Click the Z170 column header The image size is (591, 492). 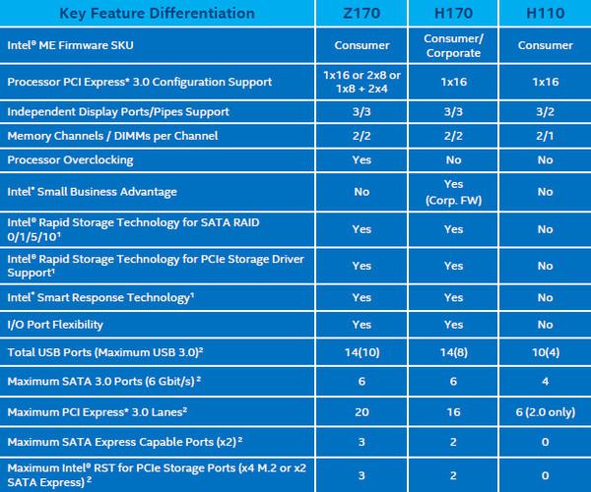[361, 14]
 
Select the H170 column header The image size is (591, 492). [453, 14]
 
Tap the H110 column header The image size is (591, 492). [545, 14]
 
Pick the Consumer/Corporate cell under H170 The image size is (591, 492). [453, 45]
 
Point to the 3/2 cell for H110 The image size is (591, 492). [545, 111]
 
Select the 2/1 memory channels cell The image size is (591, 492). [545, 135]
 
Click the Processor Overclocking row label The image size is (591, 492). [70, 159]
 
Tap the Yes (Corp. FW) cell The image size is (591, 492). [453, 192]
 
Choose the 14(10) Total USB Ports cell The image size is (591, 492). [361, 351]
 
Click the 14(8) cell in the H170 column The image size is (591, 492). [453, 351]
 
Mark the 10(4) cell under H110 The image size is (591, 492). [545, 351]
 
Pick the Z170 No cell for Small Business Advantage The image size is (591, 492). [361, 192]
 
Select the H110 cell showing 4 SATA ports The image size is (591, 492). [545, 380]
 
